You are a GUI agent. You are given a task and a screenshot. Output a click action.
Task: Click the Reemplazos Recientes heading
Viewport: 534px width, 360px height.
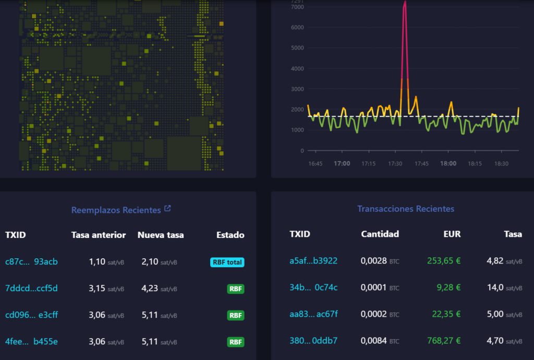[x=116, y=210]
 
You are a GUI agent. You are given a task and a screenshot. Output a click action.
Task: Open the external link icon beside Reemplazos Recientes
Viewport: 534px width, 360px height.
[x=167, y=208]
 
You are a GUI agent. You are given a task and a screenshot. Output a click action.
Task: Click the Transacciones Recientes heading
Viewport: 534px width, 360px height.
[x=406, y=209]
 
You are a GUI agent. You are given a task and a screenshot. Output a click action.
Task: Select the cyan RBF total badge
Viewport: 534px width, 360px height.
[x=227, y=262]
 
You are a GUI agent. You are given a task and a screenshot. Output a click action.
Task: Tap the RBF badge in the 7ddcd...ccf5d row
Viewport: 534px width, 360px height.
[x=236, y=289]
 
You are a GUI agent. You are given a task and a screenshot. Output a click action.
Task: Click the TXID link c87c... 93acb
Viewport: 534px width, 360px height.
[x=31, y=261]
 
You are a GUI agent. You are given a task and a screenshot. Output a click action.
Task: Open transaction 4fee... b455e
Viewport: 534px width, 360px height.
[x=31, y=341]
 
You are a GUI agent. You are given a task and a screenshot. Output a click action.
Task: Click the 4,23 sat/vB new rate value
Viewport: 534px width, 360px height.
[x=159, y=289]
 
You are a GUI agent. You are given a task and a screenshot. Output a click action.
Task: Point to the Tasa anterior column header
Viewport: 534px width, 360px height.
[x=99, y=235]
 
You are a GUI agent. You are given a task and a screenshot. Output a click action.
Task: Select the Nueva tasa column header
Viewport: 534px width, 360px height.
[x=161, y=235]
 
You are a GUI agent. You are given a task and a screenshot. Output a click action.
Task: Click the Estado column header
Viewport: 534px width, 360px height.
[x=230, y=235]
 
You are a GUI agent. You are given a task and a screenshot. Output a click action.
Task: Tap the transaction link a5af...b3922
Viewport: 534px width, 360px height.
[x=313, y=261]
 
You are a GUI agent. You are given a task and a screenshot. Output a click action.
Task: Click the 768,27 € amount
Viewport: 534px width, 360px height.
[x=444, y=341]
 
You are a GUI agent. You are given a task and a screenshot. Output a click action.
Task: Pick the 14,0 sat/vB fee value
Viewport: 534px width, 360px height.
[x=504, y=287]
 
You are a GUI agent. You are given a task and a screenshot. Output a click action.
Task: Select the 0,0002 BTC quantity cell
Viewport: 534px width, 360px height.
[x=380, y=314]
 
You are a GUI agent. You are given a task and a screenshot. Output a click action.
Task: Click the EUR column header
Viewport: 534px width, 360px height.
[x=452, y=234]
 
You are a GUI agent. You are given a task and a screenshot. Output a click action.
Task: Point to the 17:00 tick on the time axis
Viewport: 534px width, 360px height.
[x=342, y=163]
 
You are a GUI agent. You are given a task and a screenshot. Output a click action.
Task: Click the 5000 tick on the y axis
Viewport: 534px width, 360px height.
[x=297, y=47]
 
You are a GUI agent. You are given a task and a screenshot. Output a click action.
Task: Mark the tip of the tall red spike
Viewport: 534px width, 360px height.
[x=405, y=1]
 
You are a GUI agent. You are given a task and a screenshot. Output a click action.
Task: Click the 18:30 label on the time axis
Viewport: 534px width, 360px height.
[x=501, y=163]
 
